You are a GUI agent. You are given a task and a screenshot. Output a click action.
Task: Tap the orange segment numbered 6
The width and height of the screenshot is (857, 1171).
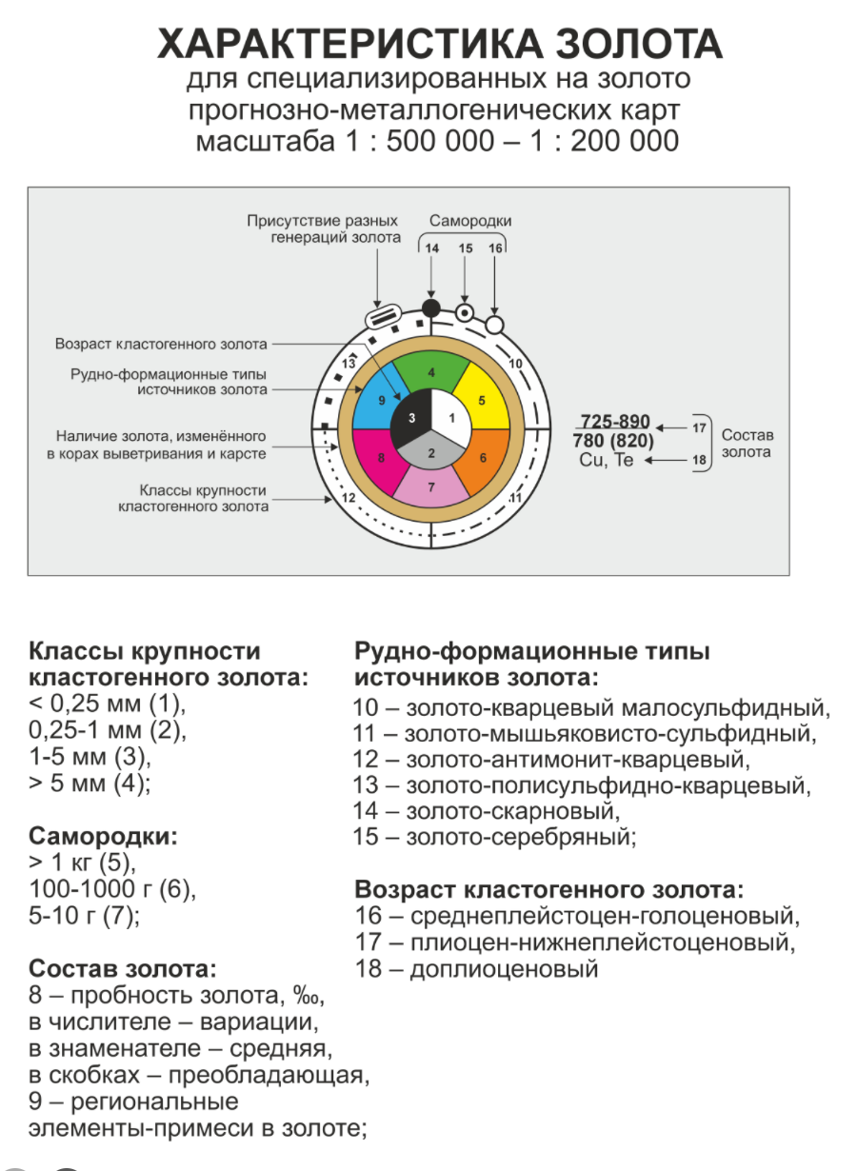coord(483,457)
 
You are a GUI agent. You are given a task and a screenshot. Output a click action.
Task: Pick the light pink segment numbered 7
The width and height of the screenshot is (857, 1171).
coord(431,486)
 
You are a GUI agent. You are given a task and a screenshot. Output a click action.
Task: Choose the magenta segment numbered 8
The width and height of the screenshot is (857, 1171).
coord(380,457)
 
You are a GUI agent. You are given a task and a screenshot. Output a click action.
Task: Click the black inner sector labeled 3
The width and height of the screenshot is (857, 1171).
coord(409,419)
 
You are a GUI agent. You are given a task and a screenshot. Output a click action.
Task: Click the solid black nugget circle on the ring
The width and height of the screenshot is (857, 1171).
coord(431,308)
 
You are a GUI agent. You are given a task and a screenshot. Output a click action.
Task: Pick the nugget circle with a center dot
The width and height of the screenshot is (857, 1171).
coord(465,311)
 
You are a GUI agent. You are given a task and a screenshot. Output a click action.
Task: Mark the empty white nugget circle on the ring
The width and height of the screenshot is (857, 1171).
coord(494,325)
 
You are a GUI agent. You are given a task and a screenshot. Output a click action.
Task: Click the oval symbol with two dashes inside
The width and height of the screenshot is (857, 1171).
coord(381,316)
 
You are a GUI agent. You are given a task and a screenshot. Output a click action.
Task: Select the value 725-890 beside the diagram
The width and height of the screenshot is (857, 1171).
coord(614,423)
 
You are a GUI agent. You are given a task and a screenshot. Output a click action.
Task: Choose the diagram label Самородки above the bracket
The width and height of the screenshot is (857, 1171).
coord(470,221)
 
